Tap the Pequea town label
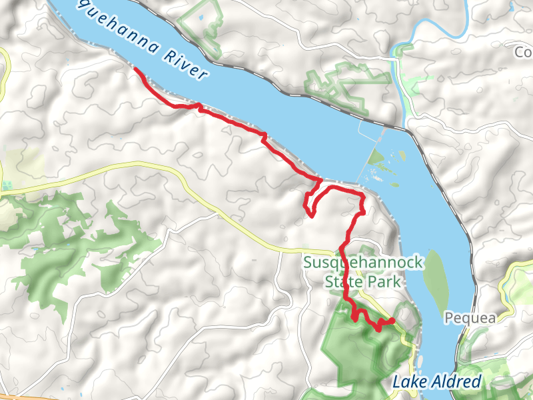(x=471, y=318)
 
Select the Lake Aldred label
(x=436, y=382)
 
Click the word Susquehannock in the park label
(x=363, y=263)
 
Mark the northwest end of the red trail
(x=136, y=69)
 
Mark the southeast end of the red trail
(x=392, y=321)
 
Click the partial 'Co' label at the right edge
(x=525, y=51)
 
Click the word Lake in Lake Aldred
(x=406, y=383)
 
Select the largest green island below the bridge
(x=376, y=159)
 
